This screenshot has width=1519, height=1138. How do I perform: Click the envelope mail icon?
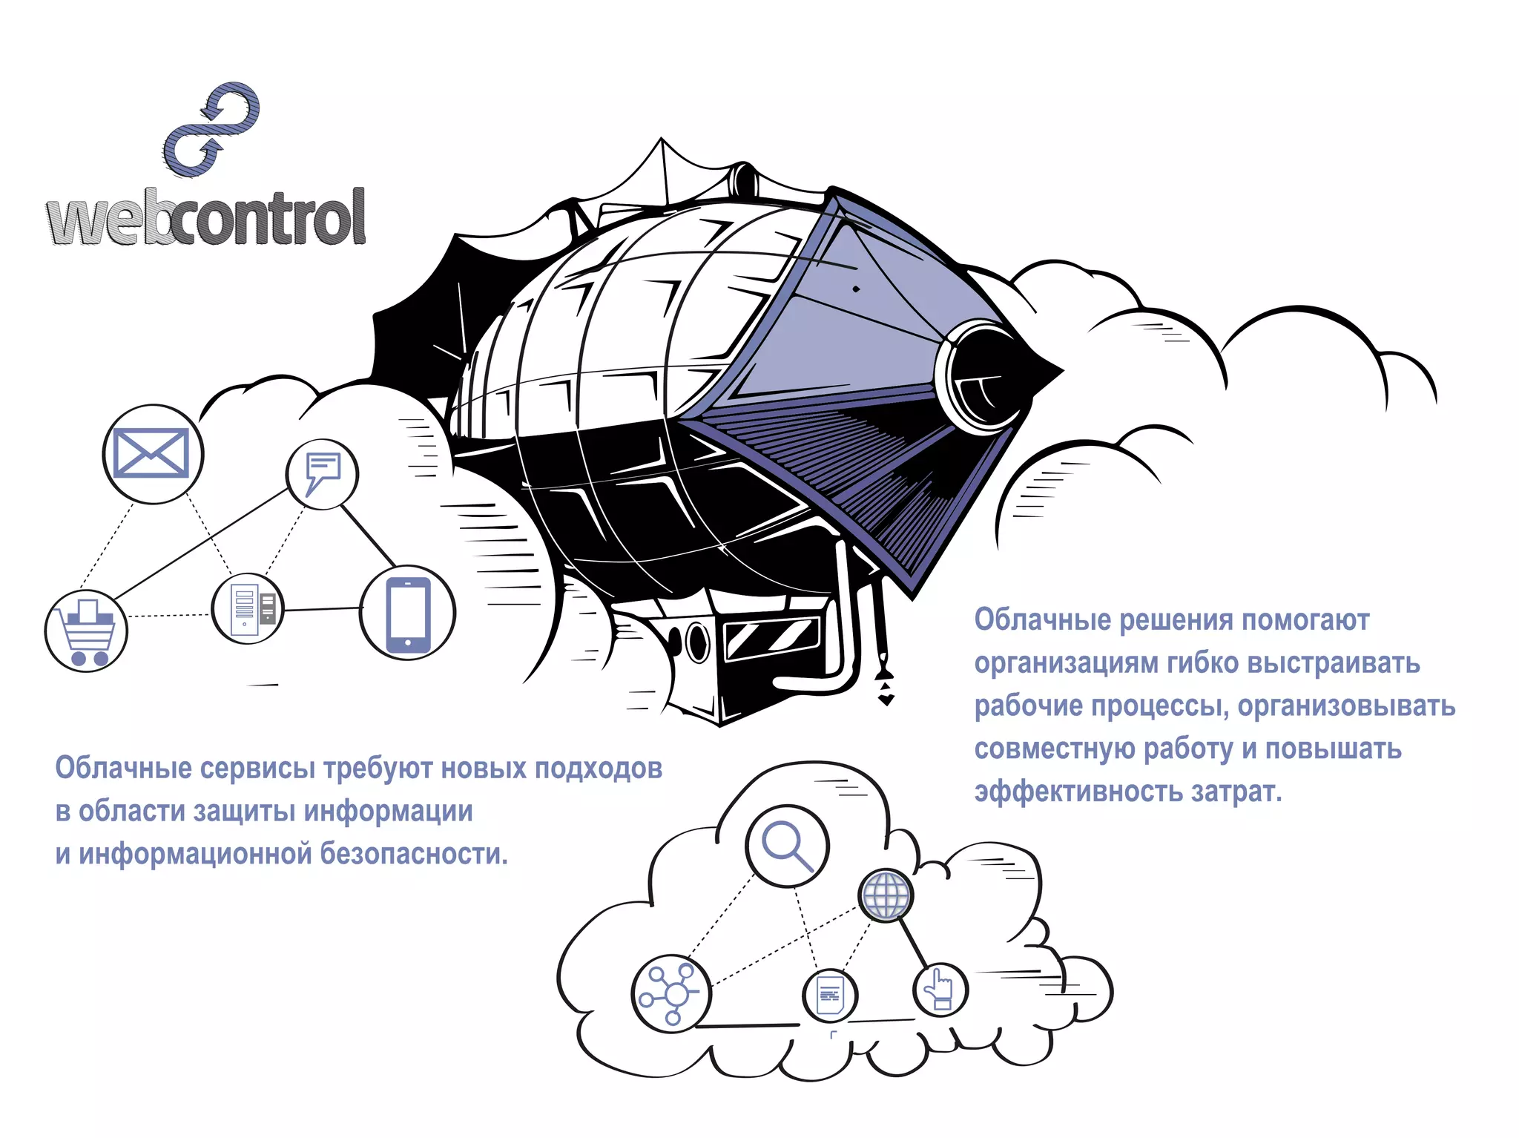pos(152,453)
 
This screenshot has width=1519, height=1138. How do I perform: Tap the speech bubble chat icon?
pos(323,473)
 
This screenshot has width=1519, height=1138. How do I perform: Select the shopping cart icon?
pos(87,631)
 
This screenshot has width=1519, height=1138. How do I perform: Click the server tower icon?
pos(248,608)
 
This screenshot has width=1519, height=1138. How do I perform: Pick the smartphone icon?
pos(408,613)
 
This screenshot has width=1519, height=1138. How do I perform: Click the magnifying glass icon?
pos(787,846)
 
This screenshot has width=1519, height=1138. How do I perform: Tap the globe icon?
pos(886,895)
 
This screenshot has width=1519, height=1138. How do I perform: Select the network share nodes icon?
pos(671,994)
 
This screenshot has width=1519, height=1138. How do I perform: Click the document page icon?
pos(830,995)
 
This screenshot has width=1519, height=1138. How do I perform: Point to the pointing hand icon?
pos(940,990)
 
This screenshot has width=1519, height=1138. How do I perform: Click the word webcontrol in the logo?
pos(206,217)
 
